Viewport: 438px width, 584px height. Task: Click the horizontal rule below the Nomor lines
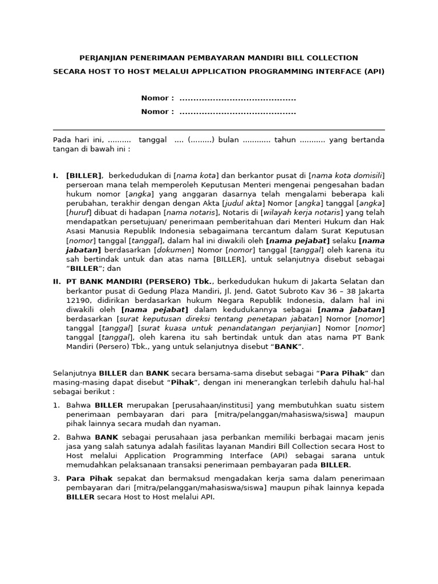[x=219, y=130]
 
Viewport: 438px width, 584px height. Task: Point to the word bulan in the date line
[x=228, y=140]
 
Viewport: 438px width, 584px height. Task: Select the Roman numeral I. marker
[x=56, y=176]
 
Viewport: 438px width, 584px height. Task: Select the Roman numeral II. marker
[x=57, y=282]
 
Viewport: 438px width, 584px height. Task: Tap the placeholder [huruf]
[x=79, y=213]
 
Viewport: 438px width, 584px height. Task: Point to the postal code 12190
[x=78, y=300]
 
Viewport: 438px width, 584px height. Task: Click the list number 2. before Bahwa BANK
[x=56, y=437]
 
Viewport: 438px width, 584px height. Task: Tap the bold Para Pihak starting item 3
[x=90, y=478]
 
